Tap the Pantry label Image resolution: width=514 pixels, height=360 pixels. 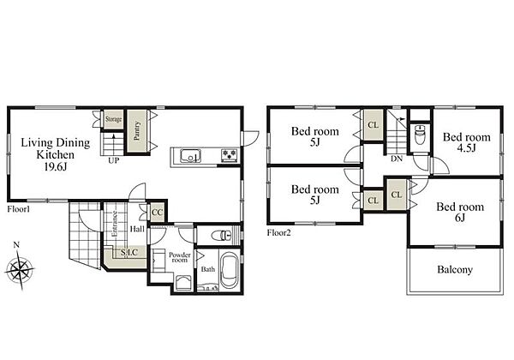[x=137, y=131]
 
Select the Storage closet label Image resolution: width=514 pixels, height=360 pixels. [x=113, y=119]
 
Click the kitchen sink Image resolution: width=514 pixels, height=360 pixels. [x=190, y=155]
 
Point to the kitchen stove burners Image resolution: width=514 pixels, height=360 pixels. [x=230, y=155]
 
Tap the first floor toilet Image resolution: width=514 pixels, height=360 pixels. [x=222, y=236]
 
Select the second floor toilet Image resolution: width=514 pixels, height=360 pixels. [x=419, y=134]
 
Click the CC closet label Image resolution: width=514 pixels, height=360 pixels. [x=157, y=213]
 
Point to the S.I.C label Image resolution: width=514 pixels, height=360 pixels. [x=128, y=253]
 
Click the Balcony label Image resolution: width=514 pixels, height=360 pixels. [x=455, y=270]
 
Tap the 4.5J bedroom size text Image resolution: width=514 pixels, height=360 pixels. [x=467, y=148]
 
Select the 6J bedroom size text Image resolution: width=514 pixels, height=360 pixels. [x=460, y=218]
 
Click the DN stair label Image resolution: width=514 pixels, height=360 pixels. [x=397, y=159]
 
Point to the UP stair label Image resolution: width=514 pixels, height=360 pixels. [x=114, y=160]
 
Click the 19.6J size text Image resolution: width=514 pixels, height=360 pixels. [x=56, y=167]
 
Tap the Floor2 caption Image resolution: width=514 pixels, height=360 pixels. [x=278, y=233]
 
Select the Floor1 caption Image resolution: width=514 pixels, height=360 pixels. [x=19, y=209]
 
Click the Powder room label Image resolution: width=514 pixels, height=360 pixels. [x=180, y=257]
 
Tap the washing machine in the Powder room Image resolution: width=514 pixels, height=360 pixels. [x=183, y=283]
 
